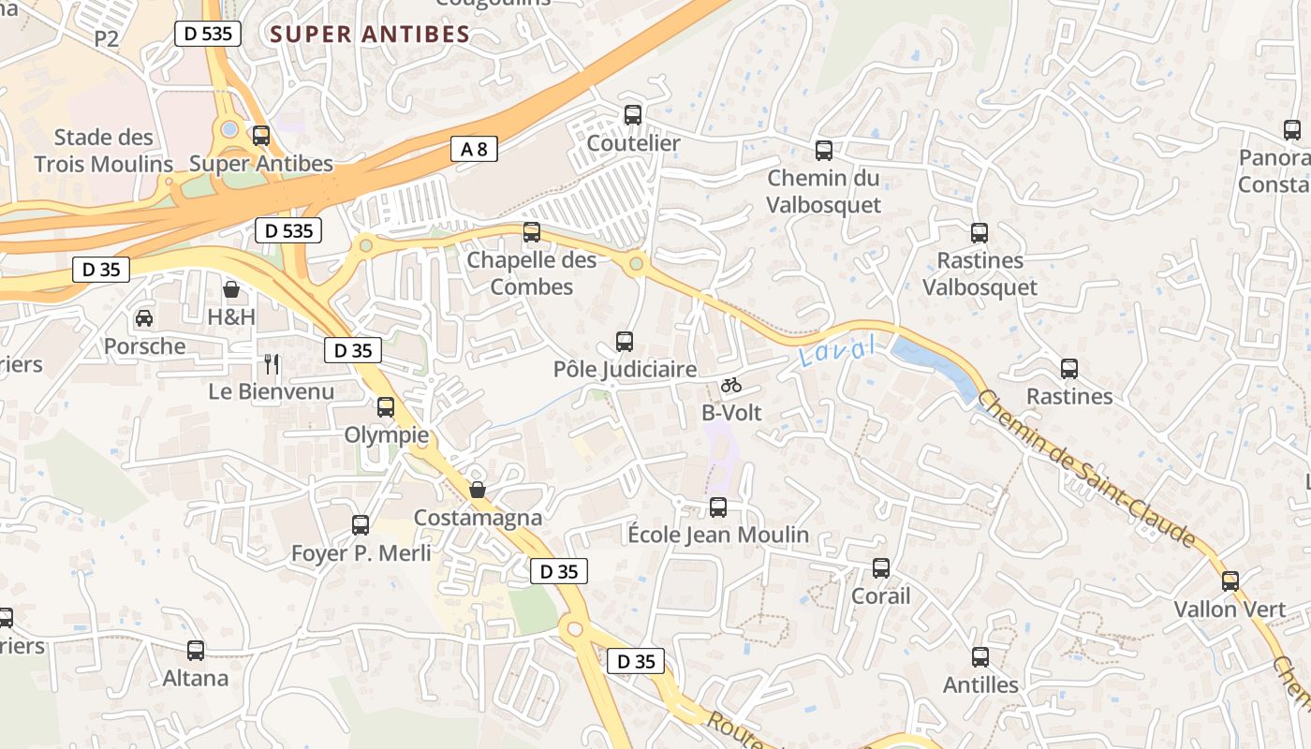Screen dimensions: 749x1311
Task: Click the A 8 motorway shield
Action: click(474, 148)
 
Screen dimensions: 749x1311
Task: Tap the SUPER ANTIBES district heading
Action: click(370, 35)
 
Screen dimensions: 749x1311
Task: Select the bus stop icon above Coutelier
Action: click(633, 115)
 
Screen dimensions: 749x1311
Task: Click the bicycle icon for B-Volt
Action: click(731, 385)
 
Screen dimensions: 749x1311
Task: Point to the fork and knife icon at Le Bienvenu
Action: click(272, 363)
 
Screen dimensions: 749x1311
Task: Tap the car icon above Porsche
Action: click(144, 318)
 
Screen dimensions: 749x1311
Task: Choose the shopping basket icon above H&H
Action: click(231, 289)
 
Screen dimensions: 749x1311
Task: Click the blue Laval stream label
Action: click(838, 351)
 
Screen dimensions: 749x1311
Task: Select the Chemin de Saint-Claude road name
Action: click(1086, 468)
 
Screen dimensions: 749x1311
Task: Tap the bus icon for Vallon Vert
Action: click(1230, 580)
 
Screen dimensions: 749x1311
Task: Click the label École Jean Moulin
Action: click(718, 535)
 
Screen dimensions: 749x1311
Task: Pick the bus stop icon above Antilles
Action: click(980, 657)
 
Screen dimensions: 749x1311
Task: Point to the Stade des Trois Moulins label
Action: click(103, 151)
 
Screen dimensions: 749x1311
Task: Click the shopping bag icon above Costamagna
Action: click(478, 490)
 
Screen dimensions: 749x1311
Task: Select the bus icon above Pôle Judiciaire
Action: click(625, 342)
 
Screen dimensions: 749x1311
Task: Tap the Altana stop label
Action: click(196, 678)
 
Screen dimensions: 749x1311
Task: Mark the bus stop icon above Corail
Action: click(881, 568)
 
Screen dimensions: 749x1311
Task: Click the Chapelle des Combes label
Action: click(531, 272)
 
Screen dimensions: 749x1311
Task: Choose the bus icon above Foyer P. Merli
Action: click(361, 525)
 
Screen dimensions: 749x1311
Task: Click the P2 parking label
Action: click(107, 38)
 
